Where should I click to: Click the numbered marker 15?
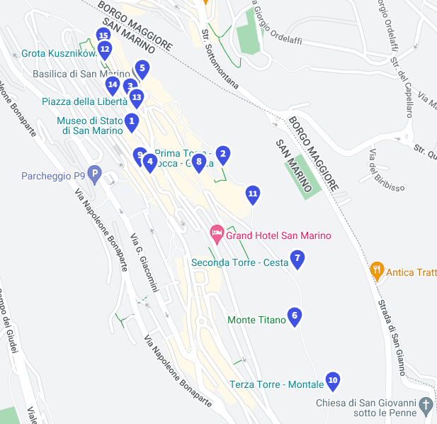[103, 35]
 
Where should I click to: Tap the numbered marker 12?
[105, 50]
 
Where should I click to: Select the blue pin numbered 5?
[142, 69]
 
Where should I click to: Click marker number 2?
[223, 154]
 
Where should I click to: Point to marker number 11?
[253, 194]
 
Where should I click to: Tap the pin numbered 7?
[297, 259]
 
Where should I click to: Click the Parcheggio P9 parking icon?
[95, 174]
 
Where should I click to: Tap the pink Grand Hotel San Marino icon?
[217, 233]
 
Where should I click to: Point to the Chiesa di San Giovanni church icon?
[426, 406]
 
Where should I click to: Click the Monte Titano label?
[256, 320]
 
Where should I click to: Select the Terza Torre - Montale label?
[276, 385]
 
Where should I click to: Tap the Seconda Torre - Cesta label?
[239, 263]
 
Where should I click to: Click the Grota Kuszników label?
[58, 53]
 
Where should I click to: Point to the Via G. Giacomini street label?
[144, 261]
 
